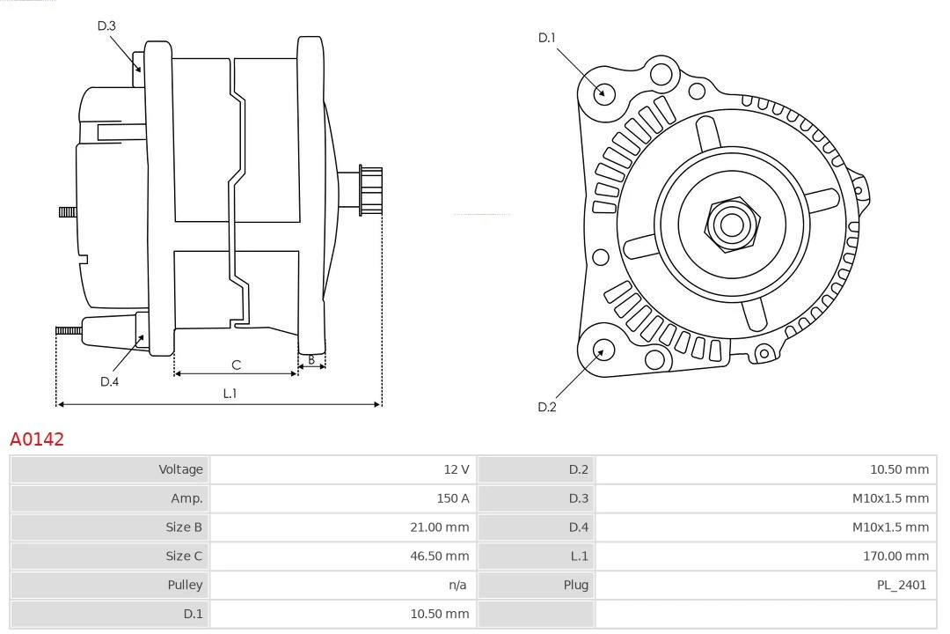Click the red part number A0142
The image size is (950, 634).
point(37,439)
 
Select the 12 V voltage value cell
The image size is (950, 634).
point(456,469)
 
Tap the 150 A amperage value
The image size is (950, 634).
point(452,498)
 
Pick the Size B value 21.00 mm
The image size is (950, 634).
point(440,527)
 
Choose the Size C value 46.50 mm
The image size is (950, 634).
point(440,556)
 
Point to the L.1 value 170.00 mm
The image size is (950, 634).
point(895,556)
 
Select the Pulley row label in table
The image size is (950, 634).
point(185,585)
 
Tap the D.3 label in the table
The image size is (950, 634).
point(578,498)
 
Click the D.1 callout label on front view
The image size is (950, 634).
point(547,38)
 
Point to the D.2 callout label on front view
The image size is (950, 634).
point(547,407)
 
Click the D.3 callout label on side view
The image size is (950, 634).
point(106,26)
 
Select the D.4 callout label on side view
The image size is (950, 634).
point(109,381)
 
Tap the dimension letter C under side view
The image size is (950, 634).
point(236,365)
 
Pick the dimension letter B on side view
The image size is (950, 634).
point(311,359)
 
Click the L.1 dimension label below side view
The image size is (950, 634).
point(229,394)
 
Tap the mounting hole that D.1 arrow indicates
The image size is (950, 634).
point(603,92)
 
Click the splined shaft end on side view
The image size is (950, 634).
point(370,190)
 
